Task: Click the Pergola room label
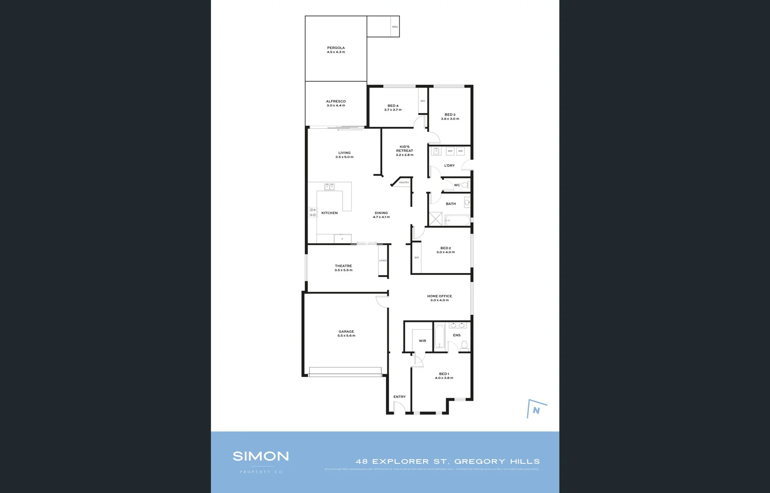[336, 48]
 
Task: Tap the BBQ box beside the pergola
[395, 27]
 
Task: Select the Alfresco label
[336, 101]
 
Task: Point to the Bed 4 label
[393, 106]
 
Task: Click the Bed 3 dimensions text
[450, 119]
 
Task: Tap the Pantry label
[404, 183]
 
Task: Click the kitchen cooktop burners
[313, 212]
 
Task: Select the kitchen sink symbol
[329, 187]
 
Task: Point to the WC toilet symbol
[465, 185]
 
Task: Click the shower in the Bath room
[436, 219]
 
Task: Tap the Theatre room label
[343, 266]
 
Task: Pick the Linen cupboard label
[383, 261]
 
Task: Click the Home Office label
[439, 296]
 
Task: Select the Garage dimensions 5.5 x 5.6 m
[346, 336]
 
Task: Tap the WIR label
[422, 341]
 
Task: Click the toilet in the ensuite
[464, 345]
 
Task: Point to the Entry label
[400, 397]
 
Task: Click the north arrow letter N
[536, 410]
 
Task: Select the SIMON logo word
[260, 456]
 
